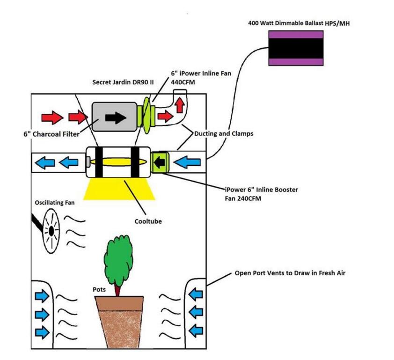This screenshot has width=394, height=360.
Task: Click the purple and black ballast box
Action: click(296, 48)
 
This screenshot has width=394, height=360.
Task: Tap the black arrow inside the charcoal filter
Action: click(116, 117)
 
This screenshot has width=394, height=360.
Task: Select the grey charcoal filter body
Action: click(115, 117)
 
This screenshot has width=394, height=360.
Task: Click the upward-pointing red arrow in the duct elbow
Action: click(180, 105)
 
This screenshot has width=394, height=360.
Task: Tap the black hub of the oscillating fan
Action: click(51, 231)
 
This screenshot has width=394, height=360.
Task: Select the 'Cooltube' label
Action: click(148, 221)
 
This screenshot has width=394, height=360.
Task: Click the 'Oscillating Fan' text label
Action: click(55, 203)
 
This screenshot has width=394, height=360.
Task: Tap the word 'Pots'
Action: click(99, 290)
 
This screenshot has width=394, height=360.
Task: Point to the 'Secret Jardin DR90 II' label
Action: click(123, 82)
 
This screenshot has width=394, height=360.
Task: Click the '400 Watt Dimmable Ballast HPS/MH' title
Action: click(299, 23)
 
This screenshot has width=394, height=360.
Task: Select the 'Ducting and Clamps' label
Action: click(224, 133)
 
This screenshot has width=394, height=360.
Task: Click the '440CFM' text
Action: click(183, 82)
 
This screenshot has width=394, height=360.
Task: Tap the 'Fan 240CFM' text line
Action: click(243, 198)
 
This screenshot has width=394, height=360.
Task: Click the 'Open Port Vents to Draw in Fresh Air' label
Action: click(290, 273)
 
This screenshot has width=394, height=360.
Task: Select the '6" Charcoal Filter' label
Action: click(51, 134)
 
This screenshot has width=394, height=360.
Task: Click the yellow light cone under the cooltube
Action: click(119, 189)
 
